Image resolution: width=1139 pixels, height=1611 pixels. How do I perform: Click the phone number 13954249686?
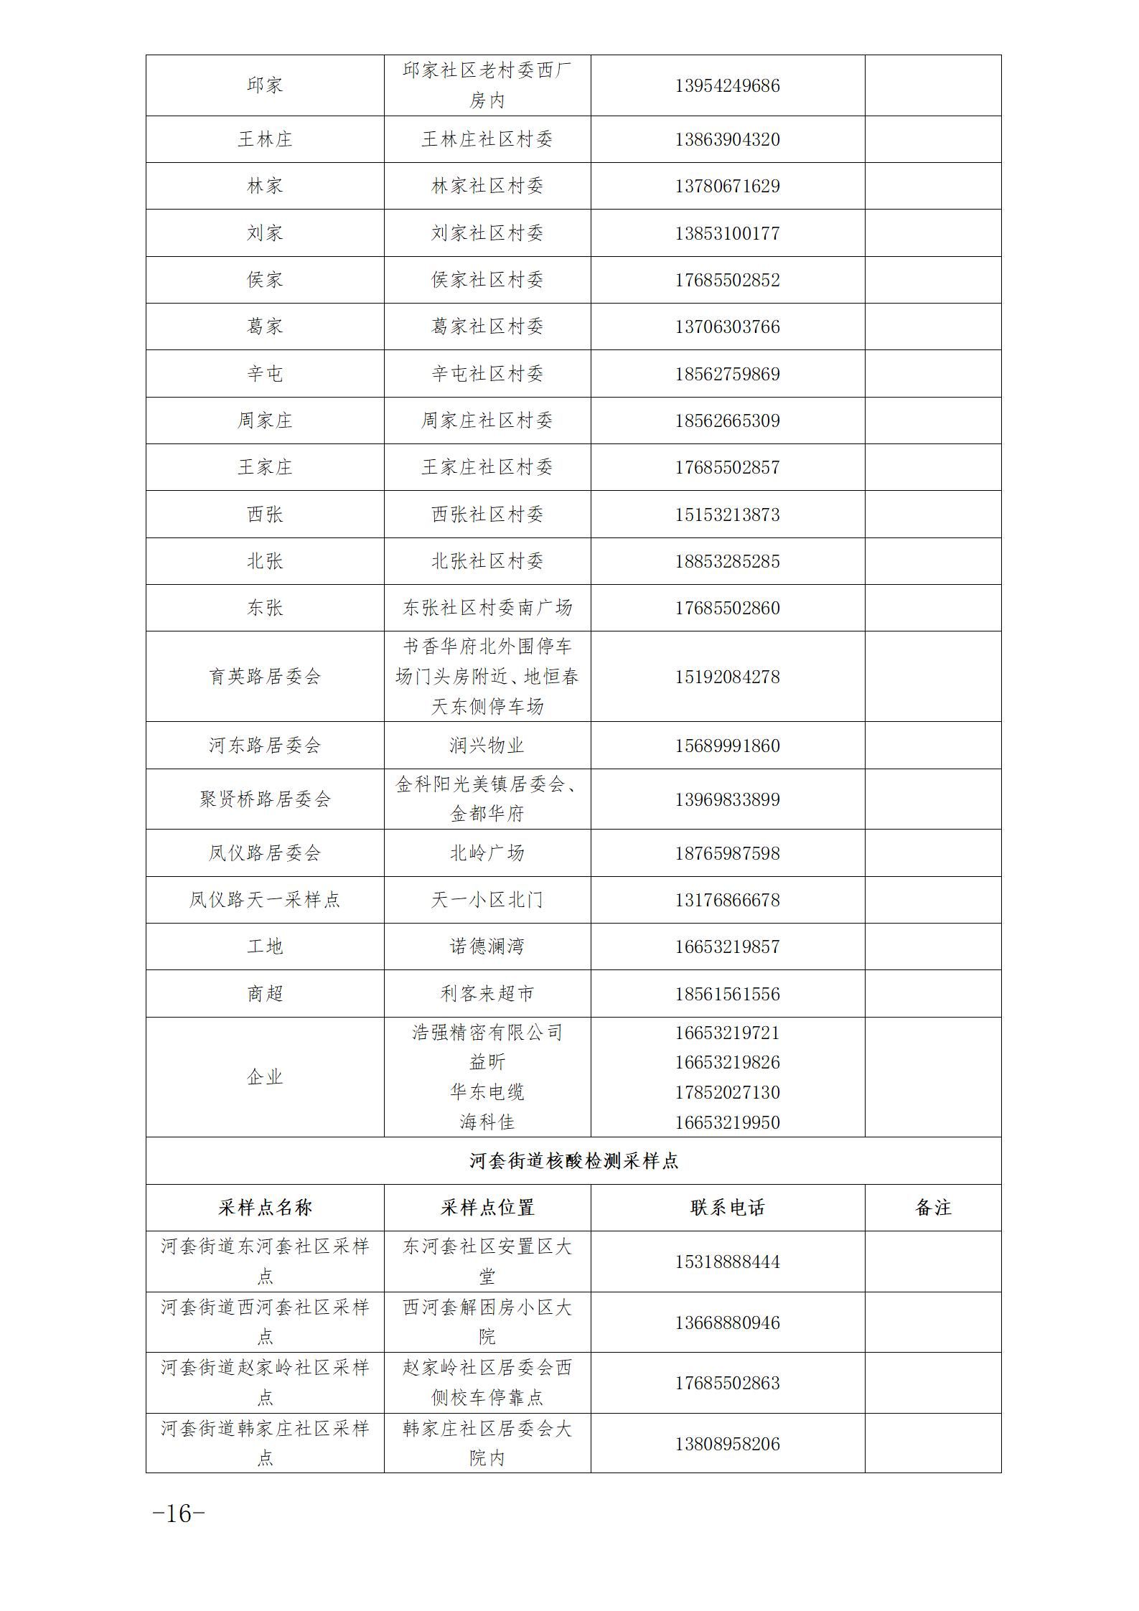tap(727, 86)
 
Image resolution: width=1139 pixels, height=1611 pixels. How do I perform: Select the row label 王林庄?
tap(265, 139)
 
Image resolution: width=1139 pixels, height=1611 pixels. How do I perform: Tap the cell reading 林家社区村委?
tap(487, 186)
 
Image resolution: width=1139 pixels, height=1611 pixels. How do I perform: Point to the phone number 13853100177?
tap(727, 233)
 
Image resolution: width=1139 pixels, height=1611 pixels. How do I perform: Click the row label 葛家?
tap(265, 327)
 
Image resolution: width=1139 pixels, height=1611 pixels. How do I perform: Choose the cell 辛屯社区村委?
tap(487, 374)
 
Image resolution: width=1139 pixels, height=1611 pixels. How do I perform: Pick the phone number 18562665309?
tap(727, 421)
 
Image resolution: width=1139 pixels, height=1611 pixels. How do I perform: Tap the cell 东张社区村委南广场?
tap(487, 608)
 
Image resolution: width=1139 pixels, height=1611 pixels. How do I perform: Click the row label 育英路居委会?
tap(265, 677)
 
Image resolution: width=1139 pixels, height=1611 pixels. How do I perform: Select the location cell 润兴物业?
tap(487, 746)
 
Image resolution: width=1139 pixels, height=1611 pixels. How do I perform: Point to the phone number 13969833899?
tap(727, 799)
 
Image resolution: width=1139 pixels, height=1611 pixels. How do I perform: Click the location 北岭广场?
tap(487, 853)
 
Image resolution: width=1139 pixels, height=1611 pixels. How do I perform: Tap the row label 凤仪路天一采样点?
tap(265, 900)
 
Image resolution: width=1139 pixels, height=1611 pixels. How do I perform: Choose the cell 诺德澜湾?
tap(487, 947)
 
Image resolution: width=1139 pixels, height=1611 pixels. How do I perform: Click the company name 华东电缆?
tap(487, 1092)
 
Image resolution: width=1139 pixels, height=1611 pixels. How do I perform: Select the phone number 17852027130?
tap(727, 1092)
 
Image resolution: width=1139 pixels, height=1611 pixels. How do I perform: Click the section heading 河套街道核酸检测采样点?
tap(573, 1161)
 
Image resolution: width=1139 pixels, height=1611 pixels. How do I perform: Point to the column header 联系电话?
tap(727, 1208)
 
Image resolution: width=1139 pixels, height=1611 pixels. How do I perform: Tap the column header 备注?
tap(932, 1208)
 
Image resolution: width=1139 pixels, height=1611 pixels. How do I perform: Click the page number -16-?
tap(179, 1514)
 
